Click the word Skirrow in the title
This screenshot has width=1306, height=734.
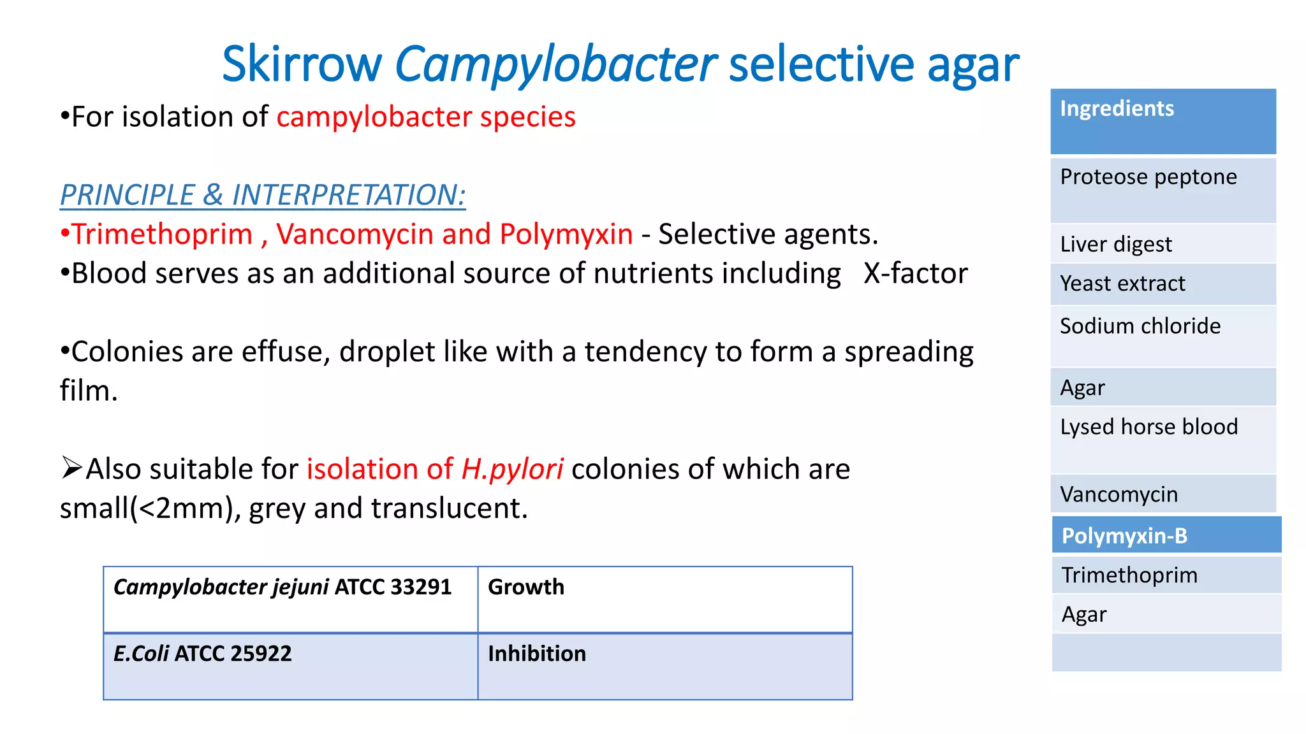tap(301, 65)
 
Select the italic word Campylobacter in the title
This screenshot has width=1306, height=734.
tap(555, 65)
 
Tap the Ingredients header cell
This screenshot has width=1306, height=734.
tap(1163, 121)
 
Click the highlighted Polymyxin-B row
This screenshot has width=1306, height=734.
tap(1166, 535)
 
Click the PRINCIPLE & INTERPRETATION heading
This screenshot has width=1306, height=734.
tap(263, 195)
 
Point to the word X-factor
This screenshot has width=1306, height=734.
tap(915, 273)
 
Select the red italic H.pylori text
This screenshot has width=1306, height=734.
tap(512, 470)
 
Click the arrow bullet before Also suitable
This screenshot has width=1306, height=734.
tap(71, 468)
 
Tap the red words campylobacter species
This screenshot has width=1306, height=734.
tap(426, 117)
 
